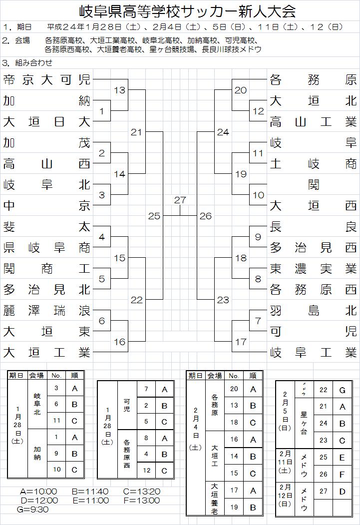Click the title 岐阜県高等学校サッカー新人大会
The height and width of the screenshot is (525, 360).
187,11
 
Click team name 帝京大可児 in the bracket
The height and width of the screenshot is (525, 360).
47,80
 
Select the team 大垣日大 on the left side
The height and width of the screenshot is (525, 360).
47,122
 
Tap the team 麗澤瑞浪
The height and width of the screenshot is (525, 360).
47,311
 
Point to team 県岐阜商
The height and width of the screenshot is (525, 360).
47,248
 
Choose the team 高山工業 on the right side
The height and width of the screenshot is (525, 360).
313,122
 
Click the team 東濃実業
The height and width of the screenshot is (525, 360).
313,269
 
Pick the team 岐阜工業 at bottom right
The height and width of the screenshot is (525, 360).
313,353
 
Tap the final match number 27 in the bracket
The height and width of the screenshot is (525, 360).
180,200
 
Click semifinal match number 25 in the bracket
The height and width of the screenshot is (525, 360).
154,216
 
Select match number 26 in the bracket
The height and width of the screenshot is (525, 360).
205,216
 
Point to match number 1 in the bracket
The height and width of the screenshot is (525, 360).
102,111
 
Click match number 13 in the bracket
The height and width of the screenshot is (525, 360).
119,90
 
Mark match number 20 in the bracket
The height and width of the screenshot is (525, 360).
241,90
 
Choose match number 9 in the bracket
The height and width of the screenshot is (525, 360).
258,237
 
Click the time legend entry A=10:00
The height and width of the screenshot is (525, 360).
38,492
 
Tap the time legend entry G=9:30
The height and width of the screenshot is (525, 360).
32,510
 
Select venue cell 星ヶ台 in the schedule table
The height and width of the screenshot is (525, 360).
304,423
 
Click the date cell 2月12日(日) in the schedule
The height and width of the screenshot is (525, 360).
285,495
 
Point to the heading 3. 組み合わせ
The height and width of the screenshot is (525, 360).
27,62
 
